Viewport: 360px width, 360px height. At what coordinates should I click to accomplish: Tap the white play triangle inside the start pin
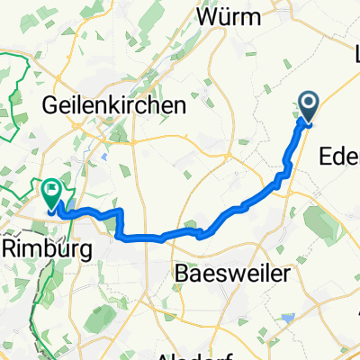coord(308,105)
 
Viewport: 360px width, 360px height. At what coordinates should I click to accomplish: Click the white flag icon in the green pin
coord(51,190)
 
